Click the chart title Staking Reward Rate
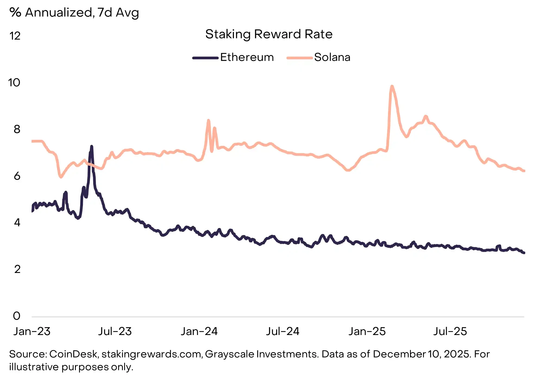pos(269,34)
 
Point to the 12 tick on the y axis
pos(15,36)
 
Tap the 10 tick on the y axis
pos(14,83)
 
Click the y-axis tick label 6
pos(17,176)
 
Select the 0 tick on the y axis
pos(17,316)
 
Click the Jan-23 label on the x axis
pos(32,331)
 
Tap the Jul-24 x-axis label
pos(283,331)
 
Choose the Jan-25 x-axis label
pos(367,331)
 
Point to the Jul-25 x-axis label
pos(450,331)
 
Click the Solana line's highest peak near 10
pos(392,87)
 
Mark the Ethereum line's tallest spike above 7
pos(92,147)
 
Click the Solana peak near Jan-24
pos(208,120)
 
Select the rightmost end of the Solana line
pos(524,171)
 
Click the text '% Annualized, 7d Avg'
pos(74,13)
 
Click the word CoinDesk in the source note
pos(73,354)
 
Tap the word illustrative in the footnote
pos(34,367)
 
